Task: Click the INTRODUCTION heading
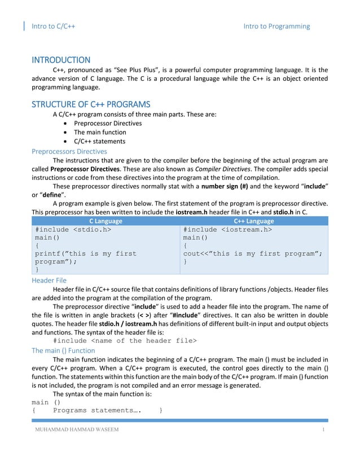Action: coord(60,60)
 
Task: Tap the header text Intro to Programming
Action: coord(276,26)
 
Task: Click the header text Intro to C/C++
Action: coord(54,26)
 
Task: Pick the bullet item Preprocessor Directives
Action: coord(108,123)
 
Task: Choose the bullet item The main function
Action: coord(100,132)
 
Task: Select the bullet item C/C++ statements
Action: coord(100,141)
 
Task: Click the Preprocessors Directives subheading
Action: coord(69,151)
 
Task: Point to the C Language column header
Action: coord(106,221)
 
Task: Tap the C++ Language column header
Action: coord(253,221)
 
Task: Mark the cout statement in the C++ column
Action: coord(253,253)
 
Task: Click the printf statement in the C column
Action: coord(85,258)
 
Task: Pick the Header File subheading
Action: coord(49,280)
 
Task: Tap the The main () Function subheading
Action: coord(63,350)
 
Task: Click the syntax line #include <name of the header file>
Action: coord(125,341)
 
